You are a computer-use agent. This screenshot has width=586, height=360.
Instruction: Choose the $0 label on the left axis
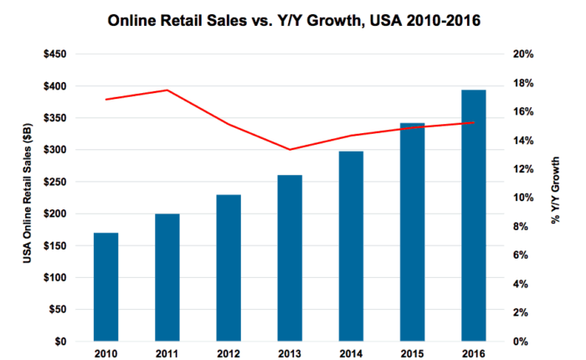tap(61, 342)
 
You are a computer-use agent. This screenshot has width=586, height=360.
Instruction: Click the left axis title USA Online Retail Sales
tap(28, 198)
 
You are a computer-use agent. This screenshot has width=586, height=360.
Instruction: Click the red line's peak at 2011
tap(167, 90)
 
